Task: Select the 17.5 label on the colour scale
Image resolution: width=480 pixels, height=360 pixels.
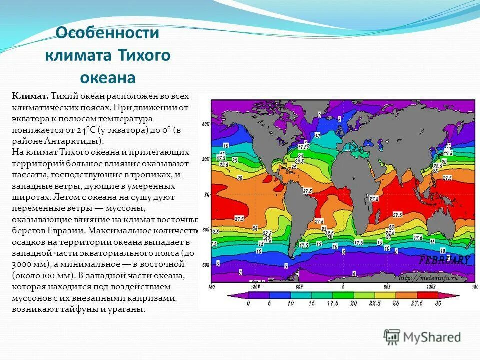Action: [330, 303]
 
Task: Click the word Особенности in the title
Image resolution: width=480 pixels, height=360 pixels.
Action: [107, 33]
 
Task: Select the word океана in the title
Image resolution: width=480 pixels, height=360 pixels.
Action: [107, 78]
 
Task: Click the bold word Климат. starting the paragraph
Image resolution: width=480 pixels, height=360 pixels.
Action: [30, 96]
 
